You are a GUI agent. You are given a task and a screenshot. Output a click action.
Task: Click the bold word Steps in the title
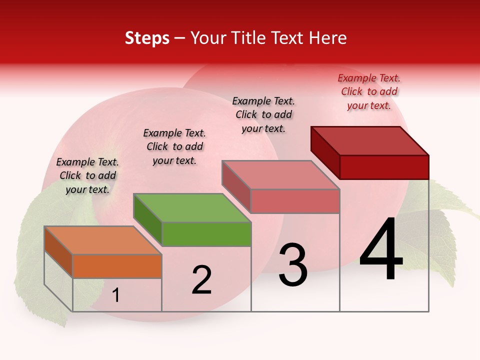point(147,38)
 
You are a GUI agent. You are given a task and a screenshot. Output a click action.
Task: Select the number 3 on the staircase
point(292,265)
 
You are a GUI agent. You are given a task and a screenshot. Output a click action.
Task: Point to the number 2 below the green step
point(201,280)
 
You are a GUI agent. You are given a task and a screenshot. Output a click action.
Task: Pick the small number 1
point(115,295)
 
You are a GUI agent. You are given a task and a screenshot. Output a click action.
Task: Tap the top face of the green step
point(192,208)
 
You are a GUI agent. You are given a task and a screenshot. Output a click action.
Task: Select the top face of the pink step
point(280,175)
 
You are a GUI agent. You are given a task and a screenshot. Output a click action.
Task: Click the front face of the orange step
point(117,266)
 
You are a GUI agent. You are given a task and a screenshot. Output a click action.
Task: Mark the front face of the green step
point(206,234)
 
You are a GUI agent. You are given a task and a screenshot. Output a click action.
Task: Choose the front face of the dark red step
point(384,167)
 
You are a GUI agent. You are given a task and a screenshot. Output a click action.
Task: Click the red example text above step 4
point(369,91)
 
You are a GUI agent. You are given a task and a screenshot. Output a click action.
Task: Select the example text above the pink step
point(263,114)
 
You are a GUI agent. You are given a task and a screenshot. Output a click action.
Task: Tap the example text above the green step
point(174,146)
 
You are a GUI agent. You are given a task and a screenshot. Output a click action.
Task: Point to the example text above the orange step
point(87,175)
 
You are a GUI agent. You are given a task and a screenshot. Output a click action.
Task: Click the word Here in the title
point(328,38)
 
